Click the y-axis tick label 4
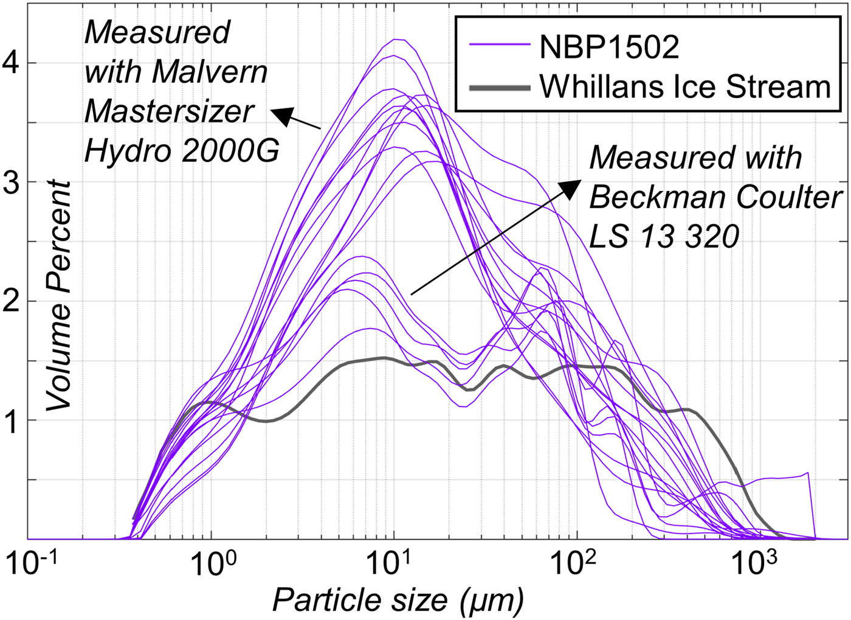pyautogui.click(x=12, y=63)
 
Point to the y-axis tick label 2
pyautogui.click(x=12, y=301)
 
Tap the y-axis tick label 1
pyautogui.click(x=12, y=420)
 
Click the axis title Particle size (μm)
pyautogui.click(x=398, y=601)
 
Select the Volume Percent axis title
pyautogui.click(x=59, y=295)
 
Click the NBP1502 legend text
pyautogui.click(x=609, y=47)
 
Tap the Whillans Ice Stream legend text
pyautogui.click(x=685, y=87)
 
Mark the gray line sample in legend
pyautogui.click(x=498, y=88)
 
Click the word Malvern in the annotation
pyautogui.click(x=210, y=72)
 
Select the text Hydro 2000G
pyautogui.click(x=181, y=150)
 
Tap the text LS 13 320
pyautogui.click(x=664, y=237)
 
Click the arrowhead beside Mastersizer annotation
pyautogui.click(x=281, y=114)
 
